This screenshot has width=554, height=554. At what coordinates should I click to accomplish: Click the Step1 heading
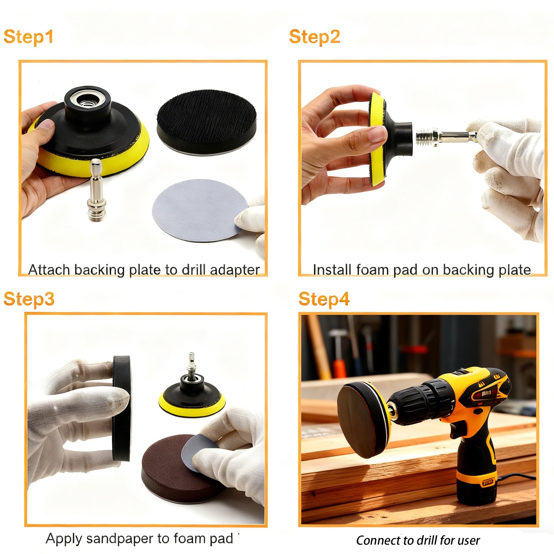tap(29, 37)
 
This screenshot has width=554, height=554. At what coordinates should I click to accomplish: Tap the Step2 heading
tap(315, 37)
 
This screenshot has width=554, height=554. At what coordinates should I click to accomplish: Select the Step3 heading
tap(29, 299)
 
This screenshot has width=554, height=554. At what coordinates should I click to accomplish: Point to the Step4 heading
tap(324, 299)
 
